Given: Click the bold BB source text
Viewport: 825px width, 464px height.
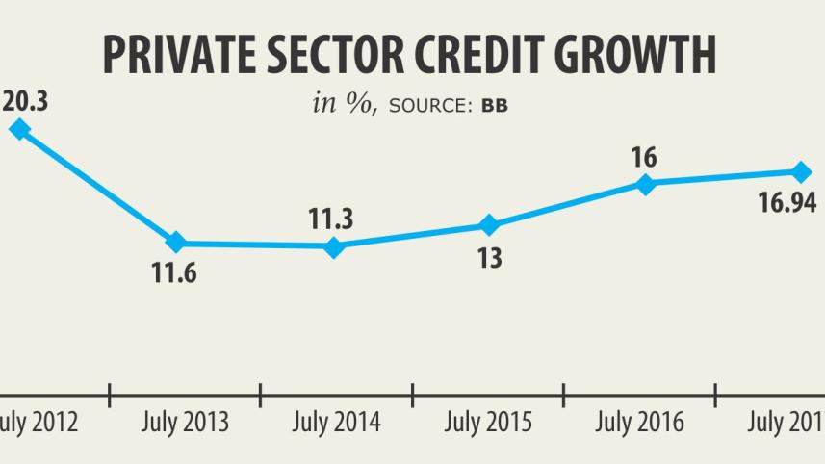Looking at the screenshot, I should point(494,105).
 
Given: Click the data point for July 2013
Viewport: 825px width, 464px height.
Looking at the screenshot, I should point(176,243).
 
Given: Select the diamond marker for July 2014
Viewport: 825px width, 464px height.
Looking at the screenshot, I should point(334,246).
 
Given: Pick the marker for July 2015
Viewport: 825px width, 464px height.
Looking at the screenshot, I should point(489,225).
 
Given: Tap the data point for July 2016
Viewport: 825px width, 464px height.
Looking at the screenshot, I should point(646,184).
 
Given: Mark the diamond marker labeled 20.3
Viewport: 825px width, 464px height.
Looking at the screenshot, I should point(17,129).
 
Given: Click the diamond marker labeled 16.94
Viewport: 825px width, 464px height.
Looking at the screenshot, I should point(801,172).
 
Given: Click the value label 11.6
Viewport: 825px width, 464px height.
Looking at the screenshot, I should point(175,273).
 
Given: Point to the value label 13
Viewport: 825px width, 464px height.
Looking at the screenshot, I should point(489,258).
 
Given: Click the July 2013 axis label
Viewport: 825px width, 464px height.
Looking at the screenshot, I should point(185,423).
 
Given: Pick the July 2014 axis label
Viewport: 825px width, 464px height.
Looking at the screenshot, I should point(336,423).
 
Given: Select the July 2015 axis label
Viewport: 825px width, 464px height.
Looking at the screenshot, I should point(488,423).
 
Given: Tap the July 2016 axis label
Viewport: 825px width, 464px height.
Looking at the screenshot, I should point(639,423).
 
